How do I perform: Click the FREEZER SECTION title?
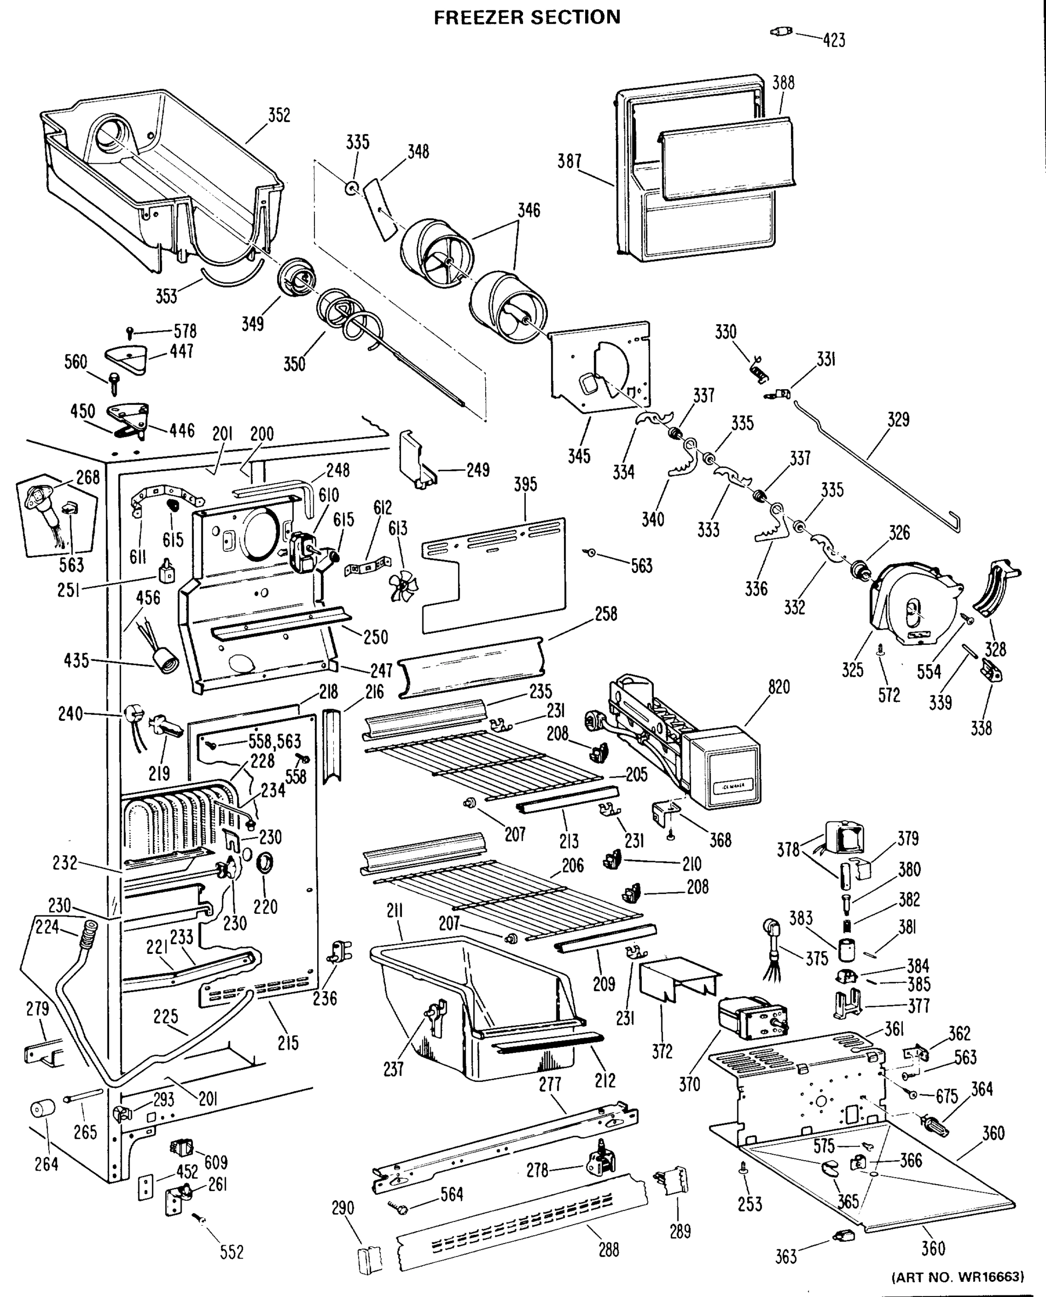tap(527, 17)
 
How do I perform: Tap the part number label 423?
tap(835, 41)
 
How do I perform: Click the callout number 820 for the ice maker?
tap(779, 687)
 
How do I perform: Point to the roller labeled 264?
tap(42, 1108)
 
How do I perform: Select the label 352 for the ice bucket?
tap(279, 115)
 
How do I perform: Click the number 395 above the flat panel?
tap(525, 484)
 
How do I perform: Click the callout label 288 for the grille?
tap(608, 1250)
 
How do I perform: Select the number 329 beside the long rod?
tap(898, 419)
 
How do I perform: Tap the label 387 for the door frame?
tap(569, 162)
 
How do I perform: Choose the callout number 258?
tap(606, 613)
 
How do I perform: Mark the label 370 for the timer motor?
tap(689, 1084)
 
